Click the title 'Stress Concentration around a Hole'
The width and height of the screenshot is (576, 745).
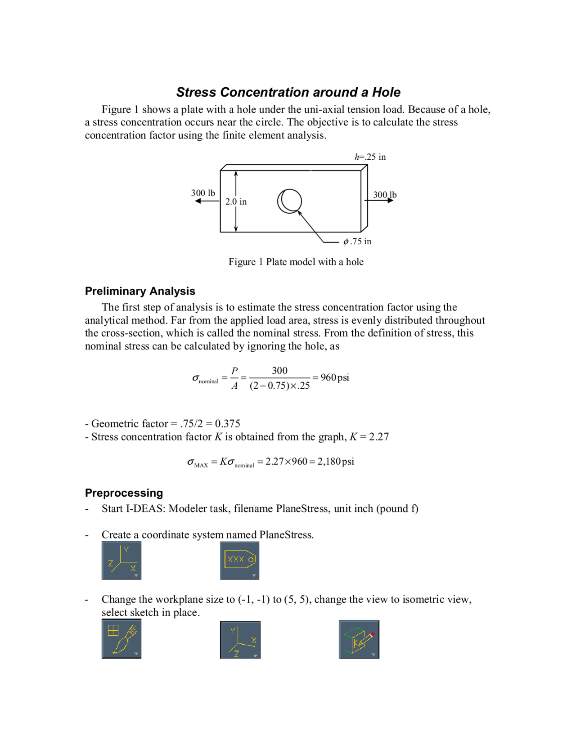tap(288, 92)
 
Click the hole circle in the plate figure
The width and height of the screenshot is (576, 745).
tap(289, 201)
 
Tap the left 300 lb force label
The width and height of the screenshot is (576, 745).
tap(203, 193)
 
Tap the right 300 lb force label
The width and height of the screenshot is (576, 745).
tap(384, 195)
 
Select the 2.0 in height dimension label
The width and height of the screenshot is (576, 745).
tap(236, 202)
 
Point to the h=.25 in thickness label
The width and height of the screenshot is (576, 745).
tap(370, 157)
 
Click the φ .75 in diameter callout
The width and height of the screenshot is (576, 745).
tap(357, 242)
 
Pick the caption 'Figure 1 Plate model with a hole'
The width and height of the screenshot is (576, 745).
tap(296, 262)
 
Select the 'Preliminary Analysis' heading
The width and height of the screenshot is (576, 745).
tap(140, 291)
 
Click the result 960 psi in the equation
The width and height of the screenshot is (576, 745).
tap(334, 377)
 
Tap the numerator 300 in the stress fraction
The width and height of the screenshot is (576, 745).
tap(279, 370)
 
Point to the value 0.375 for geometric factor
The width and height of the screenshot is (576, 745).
tap(227, 424)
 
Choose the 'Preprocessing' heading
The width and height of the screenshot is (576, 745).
tap(124, 493)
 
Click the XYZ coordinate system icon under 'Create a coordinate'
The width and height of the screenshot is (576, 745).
tap(121, 560)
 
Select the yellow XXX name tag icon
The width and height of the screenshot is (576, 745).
tap(239, 560)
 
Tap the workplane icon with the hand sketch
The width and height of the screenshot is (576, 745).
tap(121, 639)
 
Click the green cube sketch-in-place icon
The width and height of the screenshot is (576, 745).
tap(359, 639)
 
